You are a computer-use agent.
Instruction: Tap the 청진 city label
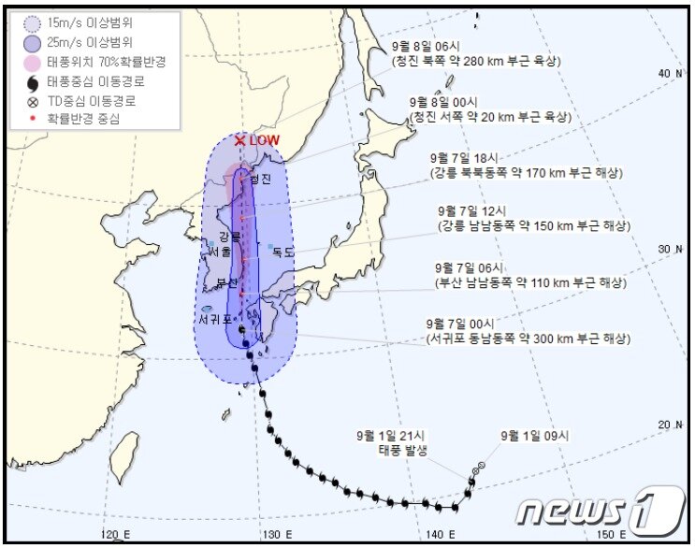tap(260, 179)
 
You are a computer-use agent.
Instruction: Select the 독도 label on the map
tap(282, 252)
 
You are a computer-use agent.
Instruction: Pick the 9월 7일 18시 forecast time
tap(468, 157)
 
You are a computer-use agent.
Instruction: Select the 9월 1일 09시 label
tap(533, 435)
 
